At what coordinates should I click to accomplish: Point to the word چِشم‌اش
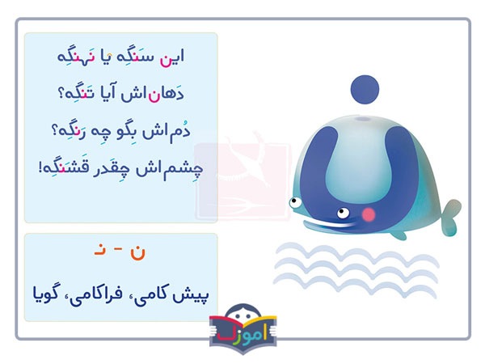pos(165,169)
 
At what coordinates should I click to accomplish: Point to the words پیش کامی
pos(173,288)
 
